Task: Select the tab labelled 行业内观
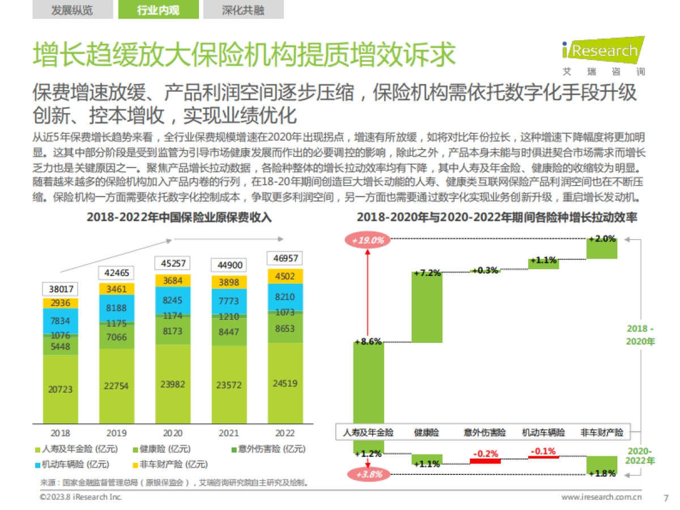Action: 158,10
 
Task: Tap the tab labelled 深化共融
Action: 243,10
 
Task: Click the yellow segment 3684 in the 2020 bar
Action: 173,280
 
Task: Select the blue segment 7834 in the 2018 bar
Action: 61,321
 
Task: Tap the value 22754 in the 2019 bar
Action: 117,386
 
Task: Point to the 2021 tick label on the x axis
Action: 228,433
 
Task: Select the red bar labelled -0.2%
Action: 485,461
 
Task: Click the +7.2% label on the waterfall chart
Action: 427,273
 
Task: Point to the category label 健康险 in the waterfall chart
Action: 427,432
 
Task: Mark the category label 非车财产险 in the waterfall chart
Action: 602,432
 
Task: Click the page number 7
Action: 665,498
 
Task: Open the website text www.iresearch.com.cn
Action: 601,498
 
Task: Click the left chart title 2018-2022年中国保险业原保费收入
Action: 179,218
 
